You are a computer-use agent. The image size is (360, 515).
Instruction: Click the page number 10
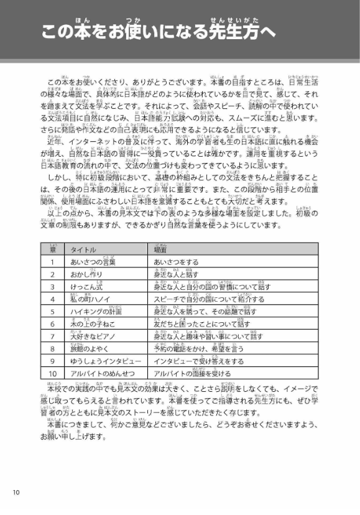click(x=16, y=493)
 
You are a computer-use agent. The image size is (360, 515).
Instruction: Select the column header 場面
click(x=160, y=249)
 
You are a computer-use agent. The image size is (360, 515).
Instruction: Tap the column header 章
click(x=53, y=249)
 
